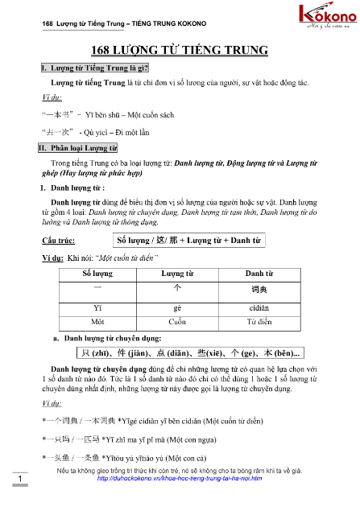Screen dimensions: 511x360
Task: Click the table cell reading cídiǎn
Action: pyautogui.click(x=259, y=307)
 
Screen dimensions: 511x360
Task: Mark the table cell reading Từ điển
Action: pyautogui.click(x=259, y=319)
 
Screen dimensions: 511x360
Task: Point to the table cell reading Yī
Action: pyautogui.click(x=97, y=307)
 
